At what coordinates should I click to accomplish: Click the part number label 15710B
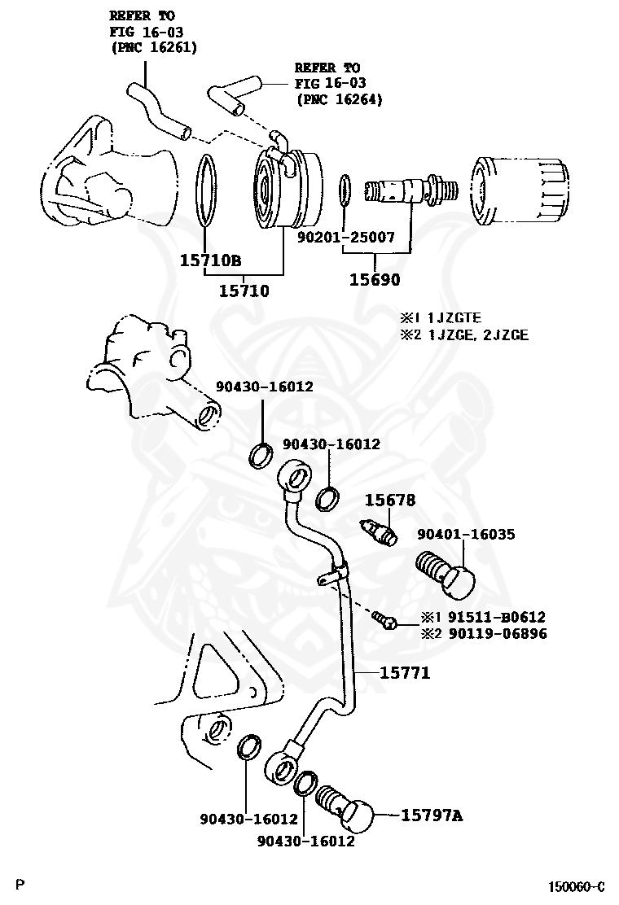[210, 260]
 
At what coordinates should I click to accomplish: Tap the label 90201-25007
[345, 238]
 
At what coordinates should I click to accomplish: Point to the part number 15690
[375, 280]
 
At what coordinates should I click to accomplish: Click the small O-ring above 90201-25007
[345, 190]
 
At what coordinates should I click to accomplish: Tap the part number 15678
[389, 500]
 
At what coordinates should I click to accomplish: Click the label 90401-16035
[466, 534]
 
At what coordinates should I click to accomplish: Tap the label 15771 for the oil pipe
[403, 673]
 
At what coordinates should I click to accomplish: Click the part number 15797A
[431, 815]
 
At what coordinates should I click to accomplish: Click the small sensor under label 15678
[379, 531]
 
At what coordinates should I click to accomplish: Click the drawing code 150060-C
[576, 886]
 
